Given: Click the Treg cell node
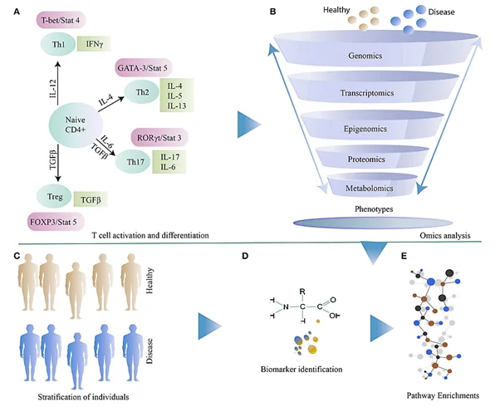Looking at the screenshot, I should [x=53, y=197].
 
